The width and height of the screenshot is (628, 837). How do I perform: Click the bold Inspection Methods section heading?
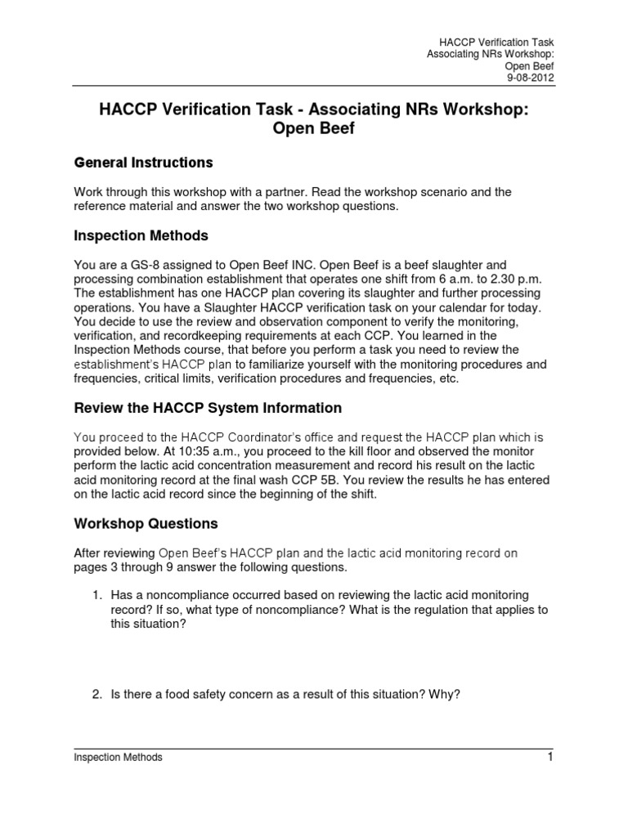[141, 235]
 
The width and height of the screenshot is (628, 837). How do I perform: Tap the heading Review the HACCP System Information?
[208, 407]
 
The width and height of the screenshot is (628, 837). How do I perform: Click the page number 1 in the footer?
[551, 756]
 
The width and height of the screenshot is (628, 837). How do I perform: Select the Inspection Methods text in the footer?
[118, 758]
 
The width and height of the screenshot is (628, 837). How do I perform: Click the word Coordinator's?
[262, 437]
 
